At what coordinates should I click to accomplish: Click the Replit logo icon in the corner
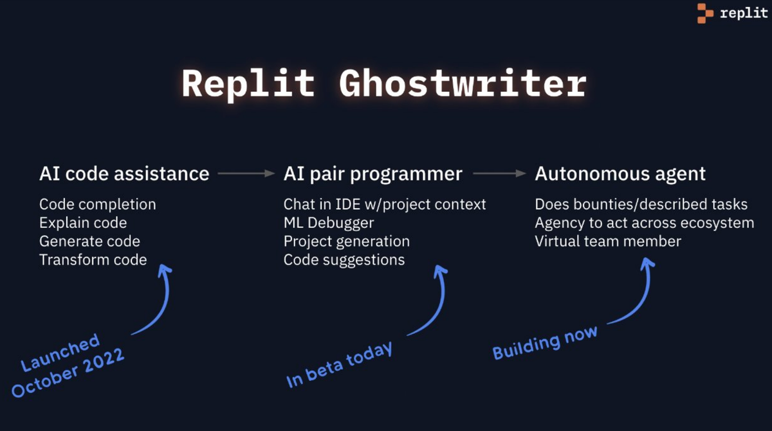[706, 13]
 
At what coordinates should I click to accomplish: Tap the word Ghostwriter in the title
[463, 84]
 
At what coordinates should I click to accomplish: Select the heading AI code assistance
[124, 173]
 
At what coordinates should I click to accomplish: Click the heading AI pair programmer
[372, 173]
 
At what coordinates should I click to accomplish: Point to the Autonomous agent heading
[620, 173]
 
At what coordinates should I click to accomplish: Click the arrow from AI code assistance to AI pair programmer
[246, 173]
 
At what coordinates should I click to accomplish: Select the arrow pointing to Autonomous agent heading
[499, 173]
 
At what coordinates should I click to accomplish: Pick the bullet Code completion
[97, 204]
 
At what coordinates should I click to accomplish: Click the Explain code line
[83, 223]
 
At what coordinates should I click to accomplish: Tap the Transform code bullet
[93, 260]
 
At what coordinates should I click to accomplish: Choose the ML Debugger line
[329, 223]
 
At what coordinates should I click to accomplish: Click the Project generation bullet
[346, 242]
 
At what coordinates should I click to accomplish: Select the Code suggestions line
[344, 260]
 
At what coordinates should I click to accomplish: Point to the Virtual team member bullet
[608, 242]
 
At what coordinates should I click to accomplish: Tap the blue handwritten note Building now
[545, 342]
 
